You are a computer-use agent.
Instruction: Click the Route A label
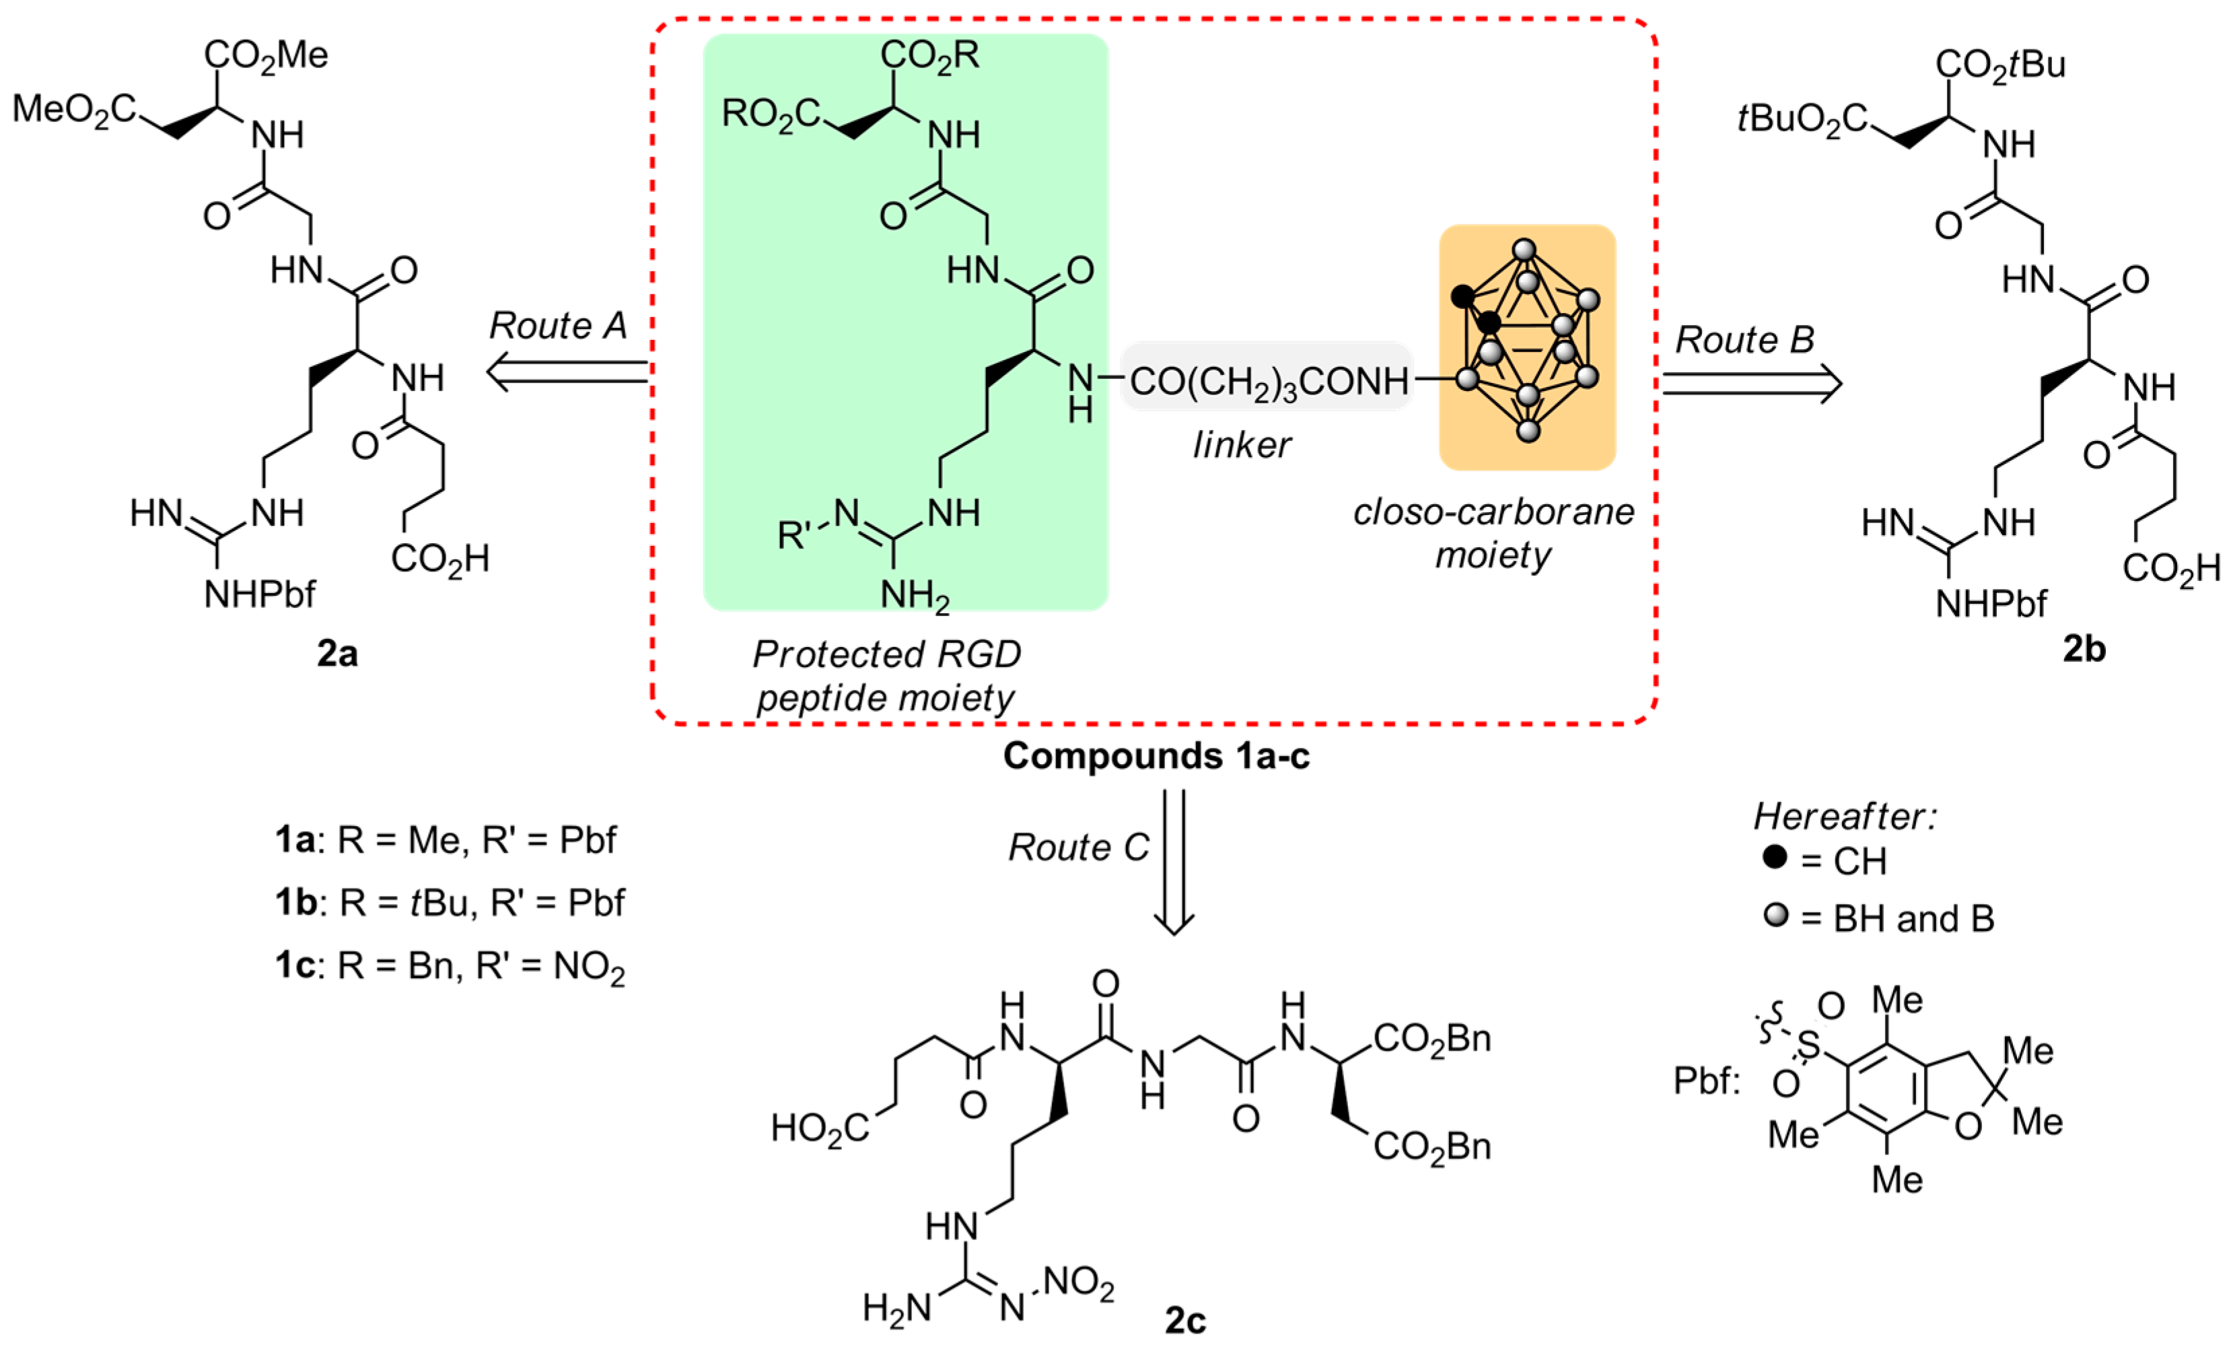pos(558,326)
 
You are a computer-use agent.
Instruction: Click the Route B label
pos(1744,341)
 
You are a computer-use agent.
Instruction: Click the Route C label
pos(1078,848)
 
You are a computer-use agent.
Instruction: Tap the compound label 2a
pos(337,653)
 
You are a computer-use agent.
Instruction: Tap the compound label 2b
pos(2084,649)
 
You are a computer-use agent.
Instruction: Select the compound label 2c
pos(1185,1321)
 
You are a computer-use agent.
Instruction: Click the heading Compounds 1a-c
pos(1156,756)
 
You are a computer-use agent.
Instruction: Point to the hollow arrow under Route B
pos(1751,384)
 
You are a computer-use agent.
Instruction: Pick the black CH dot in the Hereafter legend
pos(1775,856)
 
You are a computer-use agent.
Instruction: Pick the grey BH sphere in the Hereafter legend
pos(1775,915)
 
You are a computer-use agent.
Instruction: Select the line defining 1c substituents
pos(450,967)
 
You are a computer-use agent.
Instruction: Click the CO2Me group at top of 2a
pos(265,56)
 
